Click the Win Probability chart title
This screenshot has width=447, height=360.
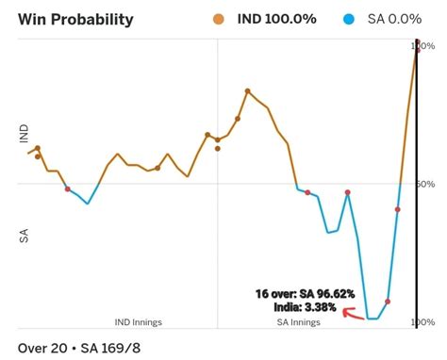pyautogui.click(x=75, y=19)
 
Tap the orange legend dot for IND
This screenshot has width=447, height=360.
pyautogui.click(x=244, y=19)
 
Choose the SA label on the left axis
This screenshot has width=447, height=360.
pyautogui.click(x=25, y=236)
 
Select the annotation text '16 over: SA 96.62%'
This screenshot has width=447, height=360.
pyautogui.click(x=304, y=294)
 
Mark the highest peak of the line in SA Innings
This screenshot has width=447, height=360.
pyautogui.click(x=247, y=90)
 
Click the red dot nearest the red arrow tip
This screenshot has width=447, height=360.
pyautogui.click(x=387, y=302)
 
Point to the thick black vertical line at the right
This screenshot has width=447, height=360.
pyautogui.click(x=417, y=188)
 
